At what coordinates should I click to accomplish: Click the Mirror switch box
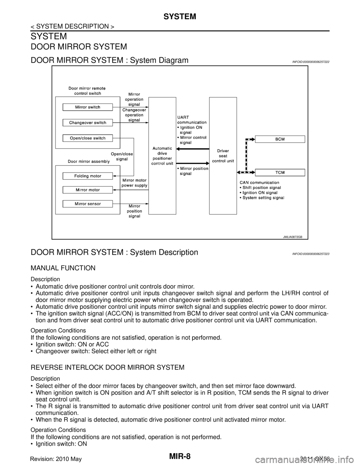87,107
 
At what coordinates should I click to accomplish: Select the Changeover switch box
87,123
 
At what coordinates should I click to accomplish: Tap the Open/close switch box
87,138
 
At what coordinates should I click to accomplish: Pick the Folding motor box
87,176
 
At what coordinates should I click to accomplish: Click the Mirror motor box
87,190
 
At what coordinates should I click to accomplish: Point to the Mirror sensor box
87,204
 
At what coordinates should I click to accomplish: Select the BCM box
280,139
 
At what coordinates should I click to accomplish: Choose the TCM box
280,172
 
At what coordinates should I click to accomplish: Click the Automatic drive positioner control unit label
162,156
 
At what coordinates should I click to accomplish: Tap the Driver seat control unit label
223,156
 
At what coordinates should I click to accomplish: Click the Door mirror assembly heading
88,161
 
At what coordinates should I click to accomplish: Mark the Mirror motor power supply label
135,183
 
